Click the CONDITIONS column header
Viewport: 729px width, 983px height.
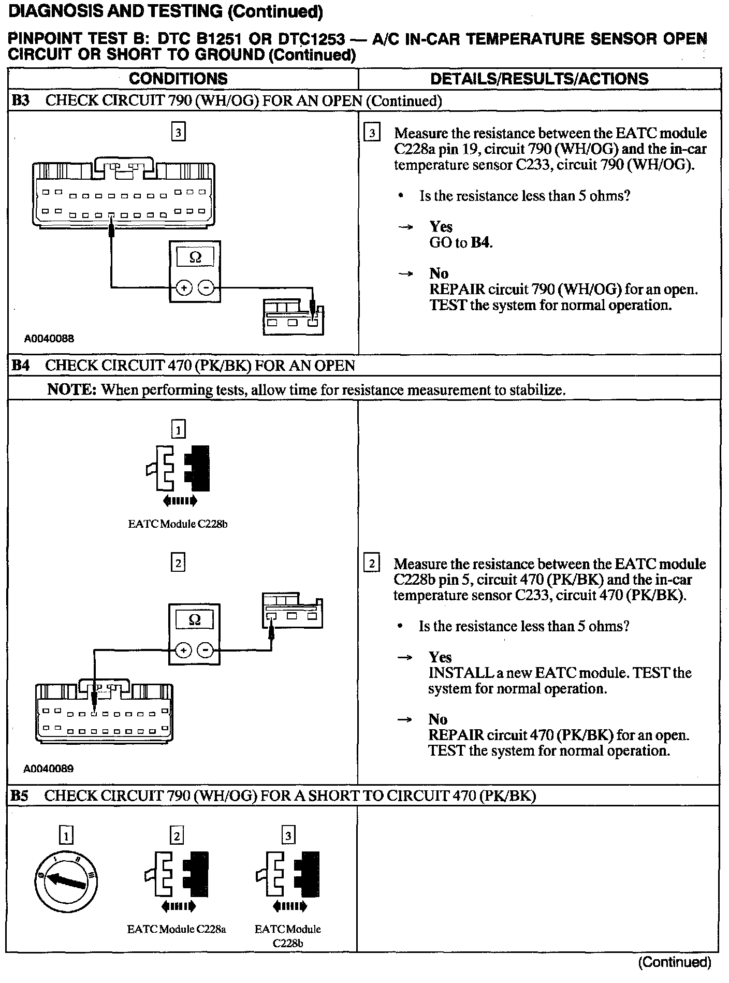[x=178, y=79]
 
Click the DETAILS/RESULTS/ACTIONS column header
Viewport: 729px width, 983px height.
[x=539, y=79]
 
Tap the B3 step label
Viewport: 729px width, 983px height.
[x=20, y=100]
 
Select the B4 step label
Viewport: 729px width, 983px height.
[x=20, y=366]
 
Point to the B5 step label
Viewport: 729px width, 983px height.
[x=20, y=796]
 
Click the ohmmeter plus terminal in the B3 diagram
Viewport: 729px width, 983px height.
[x=184, y=287]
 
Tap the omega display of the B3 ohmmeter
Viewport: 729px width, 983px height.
[x=195, y=257]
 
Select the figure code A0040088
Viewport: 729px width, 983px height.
[x=49, y=339]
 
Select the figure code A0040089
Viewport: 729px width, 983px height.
[x=49, y=769]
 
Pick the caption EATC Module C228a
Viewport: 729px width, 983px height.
[x=177, y=929]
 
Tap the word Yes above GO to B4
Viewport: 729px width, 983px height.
[x=441, y=227]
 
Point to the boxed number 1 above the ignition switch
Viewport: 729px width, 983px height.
[x=66, y=835]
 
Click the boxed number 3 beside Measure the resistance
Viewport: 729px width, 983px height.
[x=372, y=133]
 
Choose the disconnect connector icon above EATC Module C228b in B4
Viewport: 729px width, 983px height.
[x=178, y=469]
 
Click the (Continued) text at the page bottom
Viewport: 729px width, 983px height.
[x=675, y=963]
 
